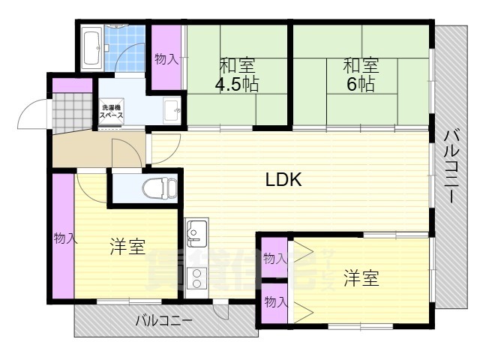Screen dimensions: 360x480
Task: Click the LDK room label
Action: coord(283,180)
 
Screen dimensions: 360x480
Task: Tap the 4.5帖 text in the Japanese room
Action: coord(237,84)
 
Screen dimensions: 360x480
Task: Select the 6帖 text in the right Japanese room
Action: coord(361,84)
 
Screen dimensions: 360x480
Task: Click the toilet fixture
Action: coord(157,187)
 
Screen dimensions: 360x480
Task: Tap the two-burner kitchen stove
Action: coord(196,277)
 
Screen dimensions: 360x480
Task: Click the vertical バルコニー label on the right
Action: coord(452,166)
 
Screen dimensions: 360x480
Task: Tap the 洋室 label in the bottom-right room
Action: coord(361,278)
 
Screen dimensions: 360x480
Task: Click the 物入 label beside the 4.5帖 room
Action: coord(166,59)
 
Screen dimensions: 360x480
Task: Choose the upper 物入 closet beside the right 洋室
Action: coord(275,258)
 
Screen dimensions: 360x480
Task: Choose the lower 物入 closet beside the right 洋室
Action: coord(275,302)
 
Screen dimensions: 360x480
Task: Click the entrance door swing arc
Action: coord(32,115)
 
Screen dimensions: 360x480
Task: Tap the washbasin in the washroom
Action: coord(172,109)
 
